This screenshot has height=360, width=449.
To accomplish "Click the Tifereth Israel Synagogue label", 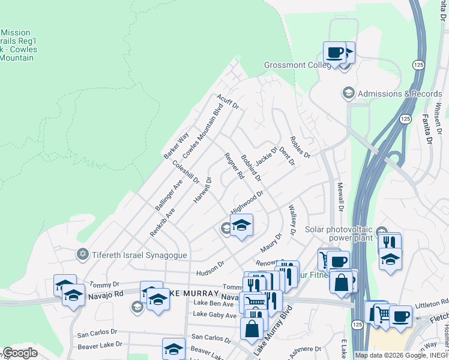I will click(x=139, y=255).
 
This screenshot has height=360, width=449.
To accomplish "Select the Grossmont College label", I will click(x=298, y=65).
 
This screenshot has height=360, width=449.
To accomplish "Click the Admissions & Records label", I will click(x=400, y=94).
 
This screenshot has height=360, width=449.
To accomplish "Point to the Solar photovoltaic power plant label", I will click(x=340, y=234).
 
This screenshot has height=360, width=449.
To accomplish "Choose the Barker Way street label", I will click(x=176, y=145).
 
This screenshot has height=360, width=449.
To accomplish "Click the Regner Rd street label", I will click(x=234, y=166).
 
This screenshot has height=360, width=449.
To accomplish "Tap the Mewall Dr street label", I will click(x=340, y=197).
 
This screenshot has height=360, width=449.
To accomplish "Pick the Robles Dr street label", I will click(x=300, y=146).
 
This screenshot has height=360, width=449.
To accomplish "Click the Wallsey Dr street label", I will click(x=292, y=219).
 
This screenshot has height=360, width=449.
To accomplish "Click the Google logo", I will click(x=20, y=353).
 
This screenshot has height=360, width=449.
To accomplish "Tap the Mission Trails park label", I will click(x=18, y=45).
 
